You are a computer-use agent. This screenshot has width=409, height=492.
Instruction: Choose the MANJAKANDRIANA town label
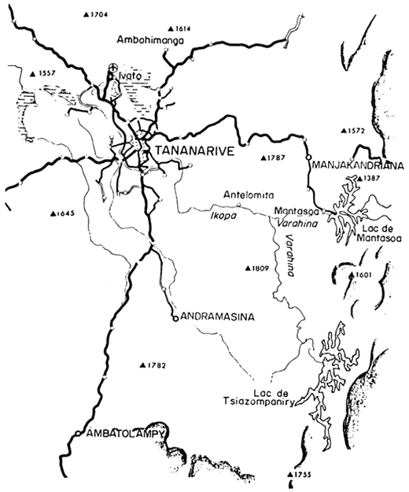[x=358, y=166]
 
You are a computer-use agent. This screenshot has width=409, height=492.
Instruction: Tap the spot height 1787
[x=273, y=158]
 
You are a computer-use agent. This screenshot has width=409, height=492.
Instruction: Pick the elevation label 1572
[x=354, y=130]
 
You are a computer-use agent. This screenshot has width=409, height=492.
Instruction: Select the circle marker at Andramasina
[x=174, y=317]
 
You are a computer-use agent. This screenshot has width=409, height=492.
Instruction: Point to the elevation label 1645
[x=61, y=213]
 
